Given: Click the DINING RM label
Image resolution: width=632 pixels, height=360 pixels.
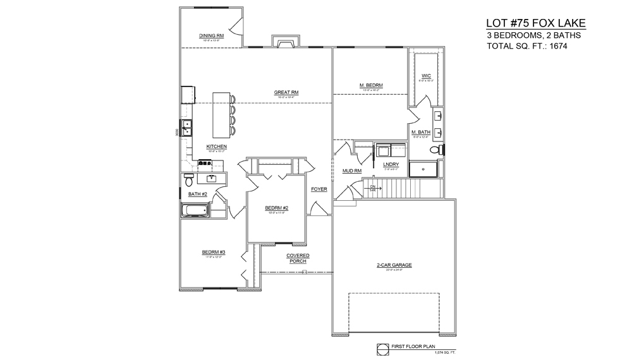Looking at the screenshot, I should click(212, 36).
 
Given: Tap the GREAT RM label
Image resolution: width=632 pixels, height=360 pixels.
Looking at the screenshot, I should click(286, 92).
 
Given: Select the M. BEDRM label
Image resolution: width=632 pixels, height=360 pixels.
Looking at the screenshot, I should click(371, 85).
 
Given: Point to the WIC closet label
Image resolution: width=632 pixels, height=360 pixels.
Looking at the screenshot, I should click(426, 77).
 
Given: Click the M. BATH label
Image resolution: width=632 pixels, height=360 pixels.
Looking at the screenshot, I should click(421, 131).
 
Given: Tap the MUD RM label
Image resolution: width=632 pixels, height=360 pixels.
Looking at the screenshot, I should click(351, 171).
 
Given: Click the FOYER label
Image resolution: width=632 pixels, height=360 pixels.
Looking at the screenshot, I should click(319, 189).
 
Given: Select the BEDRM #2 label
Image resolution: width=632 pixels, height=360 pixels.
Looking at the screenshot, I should click(277, 208).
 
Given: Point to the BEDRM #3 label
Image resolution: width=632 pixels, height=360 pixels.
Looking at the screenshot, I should click(214, 252).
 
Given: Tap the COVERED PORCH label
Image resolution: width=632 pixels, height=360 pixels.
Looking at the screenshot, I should click(298, 258).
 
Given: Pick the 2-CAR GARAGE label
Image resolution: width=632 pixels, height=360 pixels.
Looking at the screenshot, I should click(394, 265).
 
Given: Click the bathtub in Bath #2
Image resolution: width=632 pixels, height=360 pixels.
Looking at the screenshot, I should click(195, 211).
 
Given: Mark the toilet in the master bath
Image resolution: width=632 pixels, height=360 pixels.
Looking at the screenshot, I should click(435, 150).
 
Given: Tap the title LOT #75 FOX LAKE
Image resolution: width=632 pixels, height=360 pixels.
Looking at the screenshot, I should click(535, 23).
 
